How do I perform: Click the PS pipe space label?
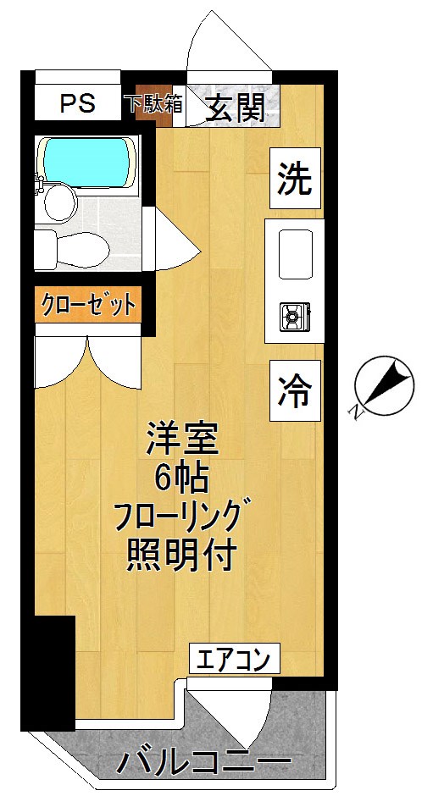click(x=78, y=104)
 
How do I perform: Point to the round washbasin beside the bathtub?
click(x=60, y=202)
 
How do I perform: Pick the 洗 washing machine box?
click(x=295, y=179)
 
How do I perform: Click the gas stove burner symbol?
click(x=293, y=318)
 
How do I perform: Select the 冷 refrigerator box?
click(x=295, y=390)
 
